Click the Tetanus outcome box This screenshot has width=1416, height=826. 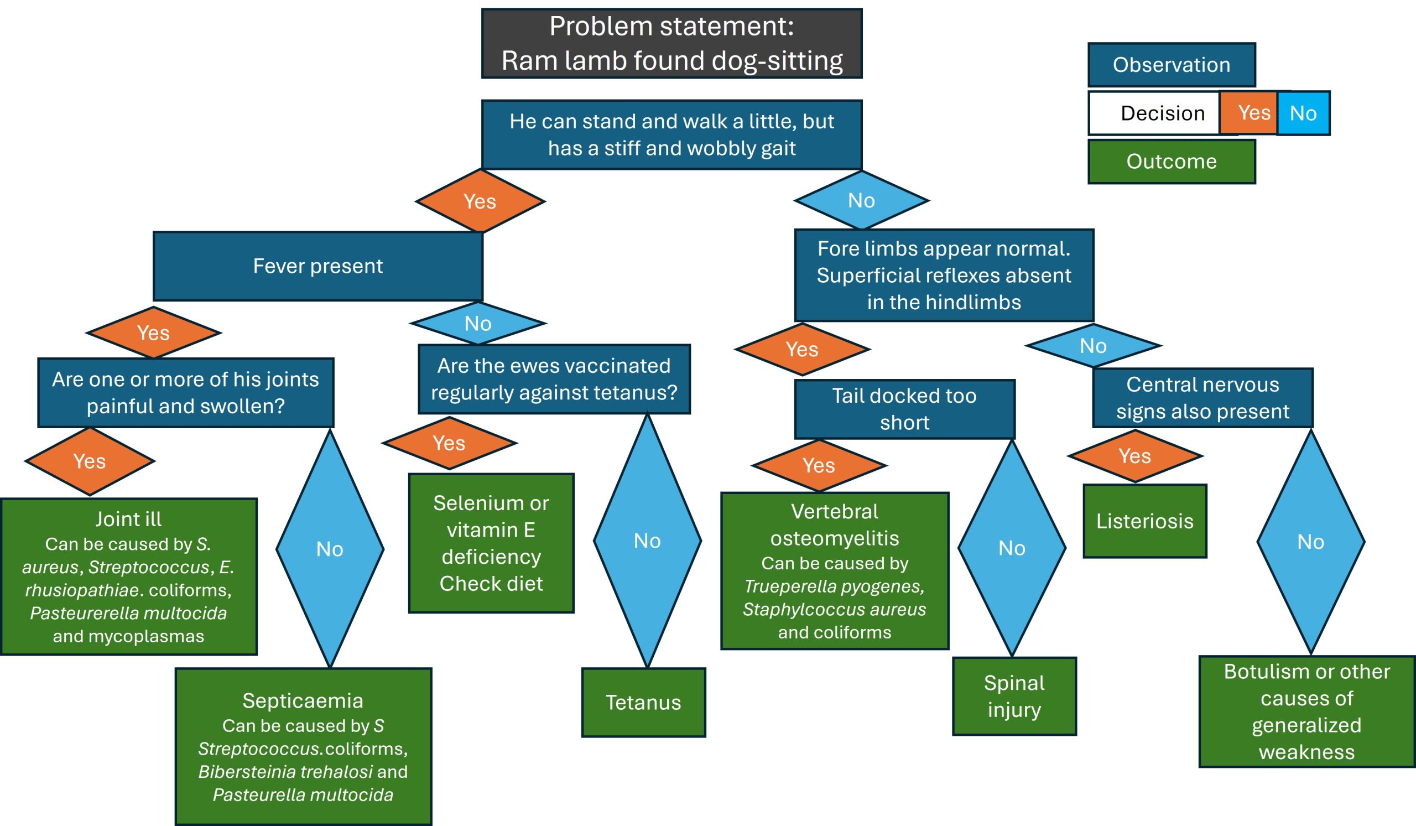point(643,703)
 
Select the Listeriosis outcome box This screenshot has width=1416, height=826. point(1144,521)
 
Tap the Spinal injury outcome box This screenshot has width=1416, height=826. point(1014,696)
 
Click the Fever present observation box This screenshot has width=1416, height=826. point(318,266)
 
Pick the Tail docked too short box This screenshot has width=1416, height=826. point(904,409)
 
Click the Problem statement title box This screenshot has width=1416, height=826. point(671,43)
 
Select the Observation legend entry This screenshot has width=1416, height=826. point(1171,65)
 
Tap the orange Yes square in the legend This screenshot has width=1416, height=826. point(1253,113)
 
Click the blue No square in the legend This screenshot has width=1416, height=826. point(1303,113)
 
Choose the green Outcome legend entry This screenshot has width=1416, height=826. point(1171,161)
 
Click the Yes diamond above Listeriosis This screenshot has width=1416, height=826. point(1134,456)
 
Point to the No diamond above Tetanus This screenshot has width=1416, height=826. point(647,541)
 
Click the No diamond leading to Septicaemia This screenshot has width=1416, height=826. point(330,549)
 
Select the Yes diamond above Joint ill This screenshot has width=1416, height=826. point(90,461)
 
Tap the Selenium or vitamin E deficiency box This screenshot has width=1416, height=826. point(491,543)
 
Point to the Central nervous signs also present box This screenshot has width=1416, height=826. point(1202,398)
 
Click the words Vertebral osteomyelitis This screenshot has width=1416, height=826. point(835,525)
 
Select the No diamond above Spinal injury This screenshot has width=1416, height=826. point(1012,548)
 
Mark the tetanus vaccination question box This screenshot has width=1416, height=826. point(554,380)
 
